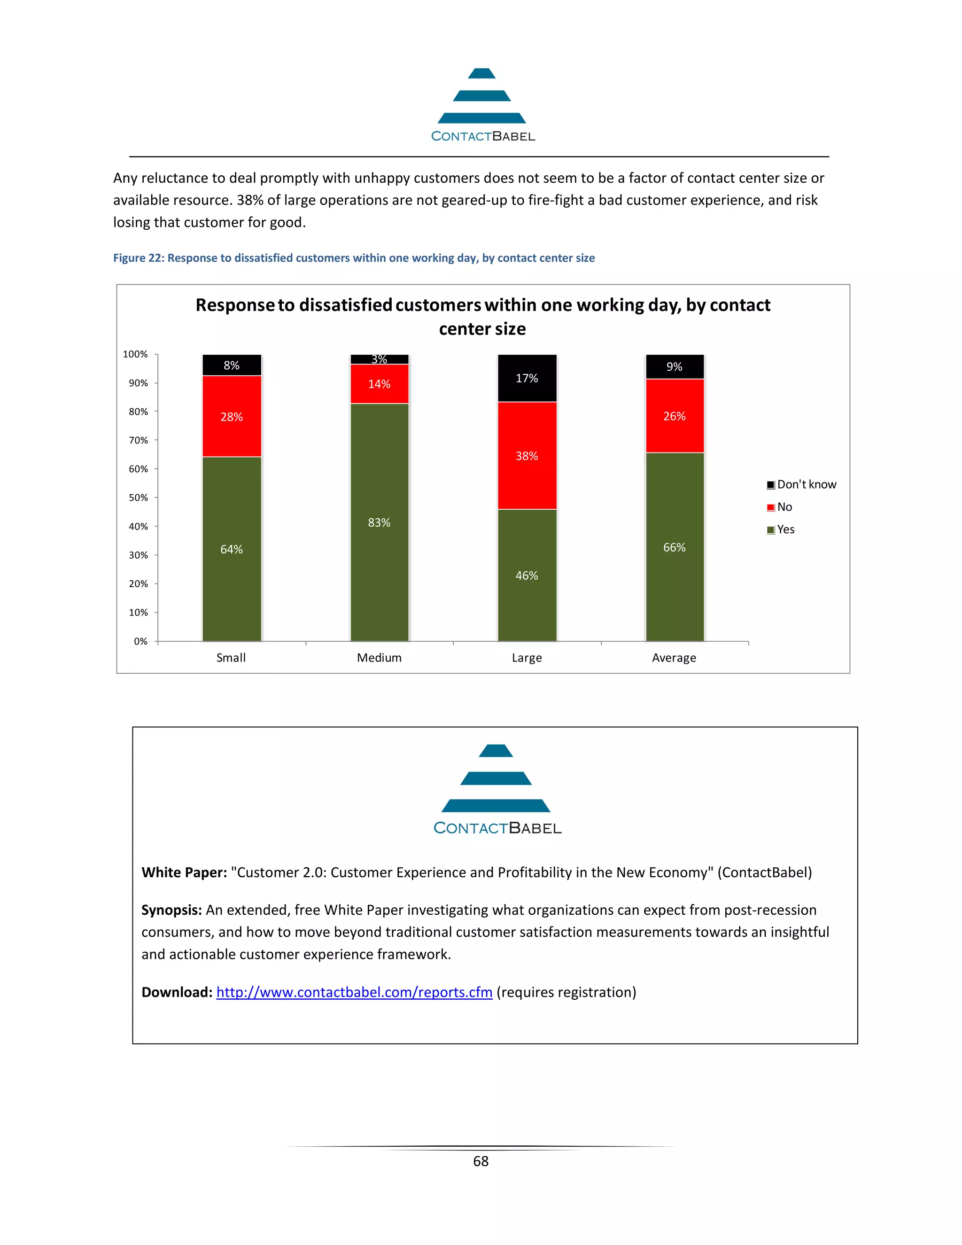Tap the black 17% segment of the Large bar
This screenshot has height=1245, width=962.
527,378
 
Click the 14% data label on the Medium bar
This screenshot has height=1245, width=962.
379,384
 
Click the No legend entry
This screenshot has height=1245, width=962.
780,507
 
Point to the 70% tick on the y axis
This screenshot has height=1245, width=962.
139,440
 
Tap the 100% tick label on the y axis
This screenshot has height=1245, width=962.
136,354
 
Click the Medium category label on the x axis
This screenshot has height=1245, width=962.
379,658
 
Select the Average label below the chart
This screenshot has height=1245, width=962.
674,658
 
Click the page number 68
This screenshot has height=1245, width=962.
481,1161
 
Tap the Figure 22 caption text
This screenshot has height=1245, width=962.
353,257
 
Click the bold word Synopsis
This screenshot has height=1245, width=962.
171,910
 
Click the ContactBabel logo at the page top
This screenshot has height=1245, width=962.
482,105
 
